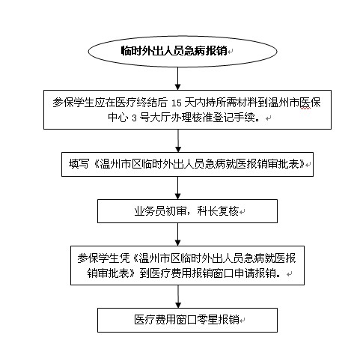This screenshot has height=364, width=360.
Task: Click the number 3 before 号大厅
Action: point(134,118)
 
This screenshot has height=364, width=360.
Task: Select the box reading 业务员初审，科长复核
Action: point(187,211)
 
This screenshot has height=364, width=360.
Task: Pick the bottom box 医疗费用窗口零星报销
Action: point(187,320)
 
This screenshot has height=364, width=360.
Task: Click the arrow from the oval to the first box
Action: point(177,79)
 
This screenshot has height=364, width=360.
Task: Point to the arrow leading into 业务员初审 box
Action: point(177,188)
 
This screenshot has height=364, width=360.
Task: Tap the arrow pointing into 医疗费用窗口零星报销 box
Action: point(178,297)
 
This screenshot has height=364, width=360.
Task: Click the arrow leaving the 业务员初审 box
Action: point(177,234)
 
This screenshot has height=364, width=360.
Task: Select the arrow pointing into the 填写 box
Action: point(178,141)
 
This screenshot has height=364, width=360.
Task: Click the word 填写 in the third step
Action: point(79,164)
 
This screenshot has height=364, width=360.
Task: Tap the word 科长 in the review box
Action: point(207,211)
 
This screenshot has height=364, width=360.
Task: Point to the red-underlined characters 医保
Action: point(310,103)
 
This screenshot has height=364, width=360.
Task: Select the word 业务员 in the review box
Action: point(150,211)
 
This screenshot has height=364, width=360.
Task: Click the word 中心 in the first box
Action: point(118,118)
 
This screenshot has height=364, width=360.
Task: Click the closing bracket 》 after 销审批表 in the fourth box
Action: point(133,273)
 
